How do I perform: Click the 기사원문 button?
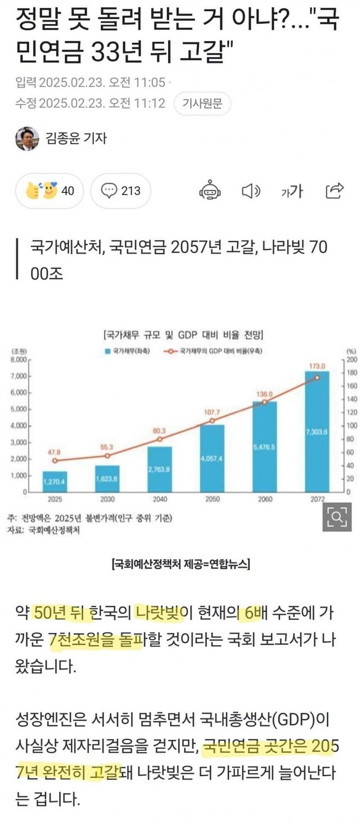202,103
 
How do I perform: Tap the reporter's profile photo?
27,138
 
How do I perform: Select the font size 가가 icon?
292,191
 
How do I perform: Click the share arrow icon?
335,191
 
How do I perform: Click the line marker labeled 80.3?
160,439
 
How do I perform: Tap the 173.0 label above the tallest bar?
317,350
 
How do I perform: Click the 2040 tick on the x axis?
160,499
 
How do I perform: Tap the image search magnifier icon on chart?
336,516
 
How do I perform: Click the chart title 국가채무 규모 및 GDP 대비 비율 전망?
183,335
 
